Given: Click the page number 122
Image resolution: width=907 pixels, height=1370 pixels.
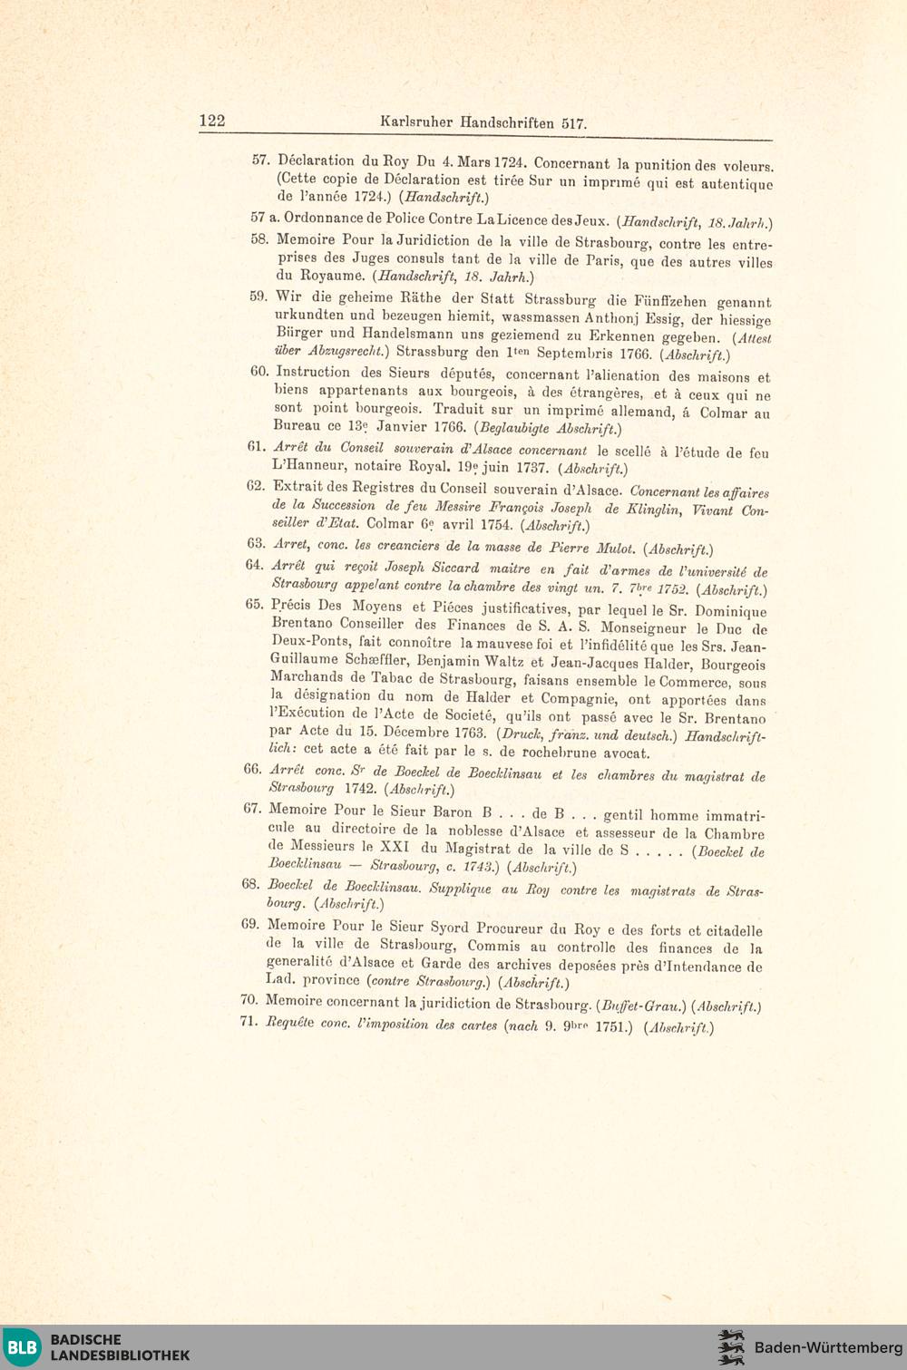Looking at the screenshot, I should point(211,121).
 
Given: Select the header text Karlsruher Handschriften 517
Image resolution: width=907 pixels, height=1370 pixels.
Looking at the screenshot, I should point(483,122).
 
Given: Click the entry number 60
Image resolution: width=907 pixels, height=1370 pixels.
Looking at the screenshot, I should point(260,371).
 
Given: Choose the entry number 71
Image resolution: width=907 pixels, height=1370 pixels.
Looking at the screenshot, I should point(249,1024).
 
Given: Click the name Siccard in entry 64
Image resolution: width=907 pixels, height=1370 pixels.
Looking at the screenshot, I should point(455,568).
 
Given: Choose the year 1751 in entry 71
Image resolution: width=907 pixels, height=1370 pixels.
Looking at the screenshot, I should point(610,1027).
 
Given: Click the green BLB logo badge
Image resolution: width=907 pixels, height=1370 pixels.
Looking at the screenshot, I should point(23,1346).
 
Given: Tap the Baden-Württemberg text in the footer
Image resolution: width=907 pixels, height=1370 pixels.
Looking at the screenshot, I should point(828,1347).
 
